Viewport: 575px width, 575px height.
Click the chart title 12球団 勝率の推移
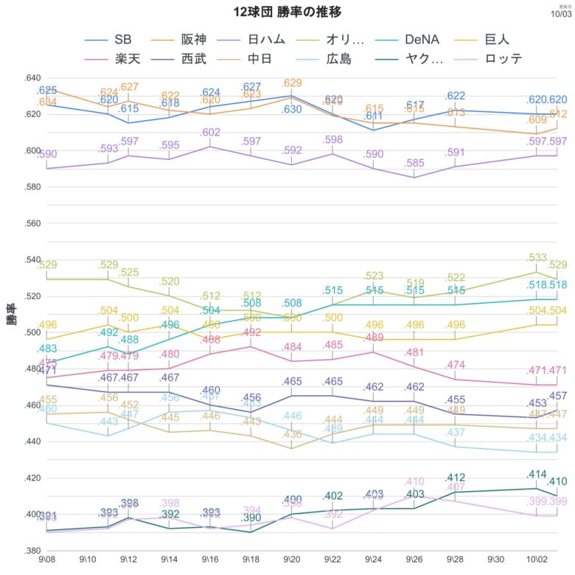287,13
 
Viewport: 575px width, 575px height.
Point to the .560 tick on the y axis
34,222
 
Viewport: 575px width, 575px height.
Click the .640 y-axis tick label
34,77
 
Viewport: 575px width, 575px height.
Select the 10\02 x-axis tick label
537,562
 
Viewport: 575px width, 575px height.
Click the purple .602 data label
211,133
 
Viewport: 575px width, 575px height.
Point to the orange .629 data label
292,83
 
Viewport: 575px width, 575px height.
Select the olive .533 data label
536,258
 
